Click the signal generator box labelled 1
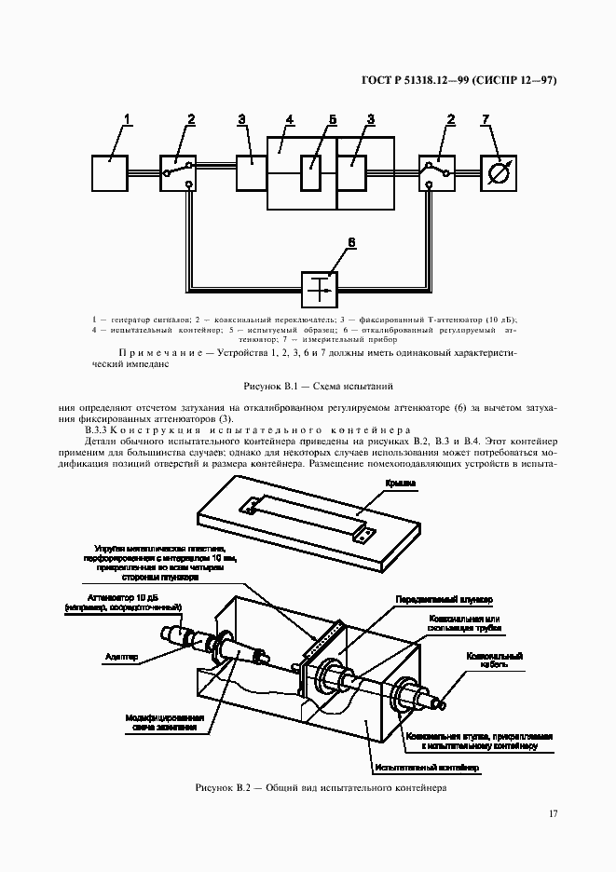(x=110, y=172)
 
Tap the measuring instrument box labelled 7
(x=499, y=172)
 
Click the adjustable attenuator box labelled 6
(x=319, y=290)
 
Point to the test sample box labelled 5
(x=312, y=173)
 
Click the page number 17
(x=553, y=814)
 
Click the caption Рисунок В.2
(x=322, y=787)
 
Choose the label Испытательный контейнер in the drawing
(x=426, y=768)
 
